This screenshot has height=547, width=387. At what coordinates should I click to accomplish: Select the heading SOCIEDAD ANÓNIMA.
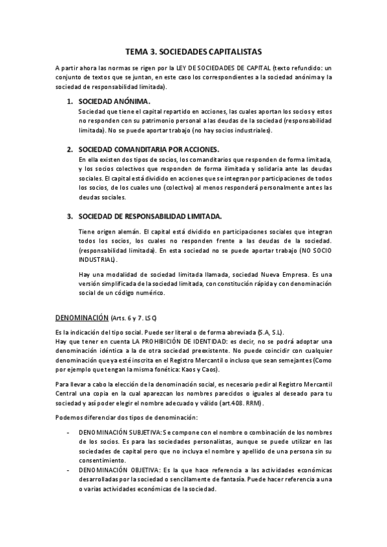tap(114, 101)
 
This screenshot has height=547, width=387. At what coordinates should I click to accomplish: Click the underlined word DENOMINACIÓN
tap(81, 319)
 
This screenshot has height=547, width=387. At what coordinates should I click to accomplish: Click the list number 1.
tap(70, 101)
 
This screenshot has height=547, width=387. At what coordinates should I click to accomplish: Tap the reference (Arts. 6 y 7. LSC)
tap(134, 319)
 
